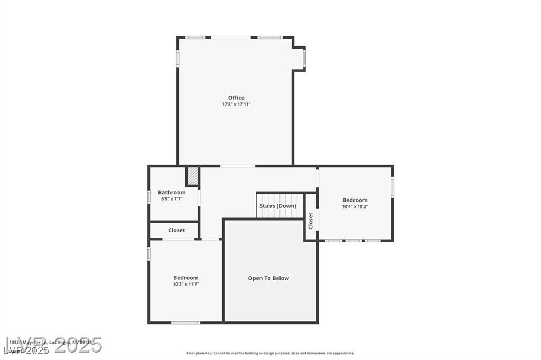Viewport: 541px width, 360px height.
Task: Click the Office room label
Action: (x=236, y=98)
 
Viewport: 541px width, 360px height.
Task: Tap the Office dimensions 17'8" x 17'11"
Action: (x=236, y=105)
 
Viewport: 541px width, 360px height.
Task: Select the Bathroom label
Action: (x=172, y=193)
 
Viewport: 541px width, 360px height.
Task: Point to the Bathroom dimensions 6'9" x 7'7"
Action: (x=172, y=199)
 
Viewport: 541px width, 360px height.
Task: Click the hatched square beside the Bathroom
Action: (x=193, y=176)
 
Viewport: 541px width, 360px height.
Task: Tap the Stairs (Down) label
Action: (x=278, y=206)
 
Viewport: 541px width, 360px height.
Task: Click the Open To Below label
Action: (x=268, y=278)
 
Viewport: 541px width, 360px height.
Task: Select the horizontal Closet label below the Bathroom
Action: (x=176, y=231)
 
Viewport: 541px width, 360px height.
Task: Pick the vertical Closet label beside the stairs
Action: (x=311, y=221)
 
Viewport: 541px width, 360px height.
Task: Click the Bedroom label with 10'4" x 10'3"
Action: (x=355, y=200)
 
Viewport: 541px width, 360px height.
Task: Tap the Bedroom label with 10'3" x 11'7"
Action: (x=186, y=278)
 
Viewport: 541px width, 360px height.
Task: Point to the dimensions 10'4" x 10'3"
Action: (x=355, y=206)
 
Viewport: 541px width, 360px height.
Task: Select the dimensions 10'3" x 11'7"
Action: (x=186, y=284)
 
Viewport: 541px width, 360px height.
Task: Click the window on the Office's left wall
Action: (x=178, y=58)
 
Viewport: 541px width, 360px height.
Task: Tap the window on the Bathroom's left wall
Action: (x=148, y=197)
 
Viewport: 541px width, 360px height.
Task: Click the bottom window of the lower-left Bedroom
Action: (x=186, y=323)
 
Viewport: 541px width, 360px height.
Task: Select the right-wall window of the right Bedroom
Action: (x=393, y=187)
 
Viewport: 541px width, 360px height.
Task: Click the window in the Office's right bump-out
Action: (x=304, y=59)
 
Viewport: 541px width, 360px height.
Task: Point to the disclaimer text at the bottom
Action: (x=270, y=353)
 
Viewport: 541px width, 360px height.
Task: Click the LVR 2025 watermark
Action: (x=53, y=346)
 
